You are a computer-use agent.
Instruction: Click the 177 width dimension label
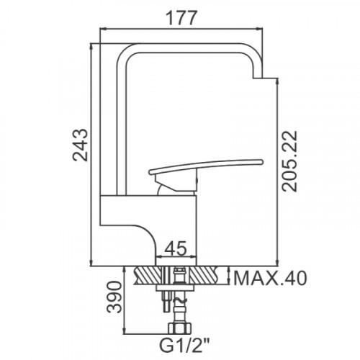(x=181, y=18)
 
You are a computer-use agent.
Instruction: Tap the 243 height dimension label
(x=80, y=145)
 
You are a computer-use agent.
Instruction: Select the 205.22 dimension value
(x=289, y=161)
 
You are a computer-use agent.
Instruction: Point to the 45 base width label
(x=176, y=248)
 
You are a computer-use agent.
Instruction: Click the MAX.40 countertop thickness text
(x=270, y=278)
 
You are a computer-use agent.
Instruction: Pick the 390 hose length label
(x=114, y=297)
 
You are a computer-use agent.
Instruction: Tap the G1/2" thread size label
(x=184, y=345)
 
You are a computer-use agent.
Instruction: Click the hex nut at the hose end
(x=180, y=328)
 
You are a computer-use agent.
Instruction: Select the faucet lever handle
(x=206, y=166)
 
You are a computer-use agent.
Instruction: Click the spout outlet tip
(x=258, y=78)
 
